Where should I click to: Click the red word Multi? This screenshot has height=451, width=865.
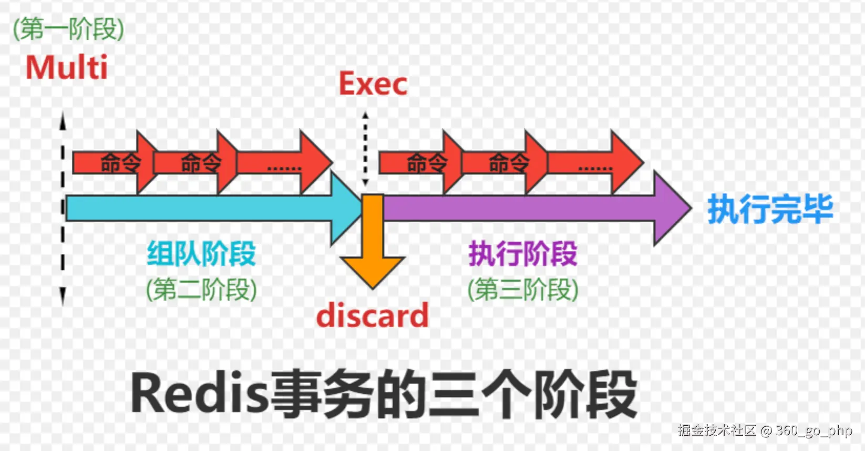click(67, 68)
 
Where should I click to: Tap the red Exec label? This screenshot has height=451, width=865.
click(373, 84)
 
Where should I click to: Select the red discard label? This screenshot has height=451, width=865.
click(372, 315)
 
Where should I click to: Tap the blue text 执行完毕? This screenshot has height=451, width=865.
click(770, 209)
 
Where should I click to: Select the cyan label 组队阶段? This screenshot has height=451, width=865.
click(201, 254)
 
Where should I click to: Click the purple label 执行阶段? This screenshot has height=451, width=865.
click(523, 254)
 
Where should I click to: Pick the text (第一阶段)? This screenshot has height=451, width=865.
click(68, 29)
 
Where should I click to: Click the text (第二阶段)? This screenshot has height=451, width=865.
click(201, 289)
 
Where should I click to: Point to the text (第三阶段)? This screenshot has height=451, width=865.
click(523, 289)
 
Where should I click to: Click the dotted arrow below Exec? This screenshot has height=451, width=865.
click(365, 150)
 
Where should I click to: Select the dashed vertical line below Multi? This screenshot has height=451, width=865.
click(63, 210)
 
